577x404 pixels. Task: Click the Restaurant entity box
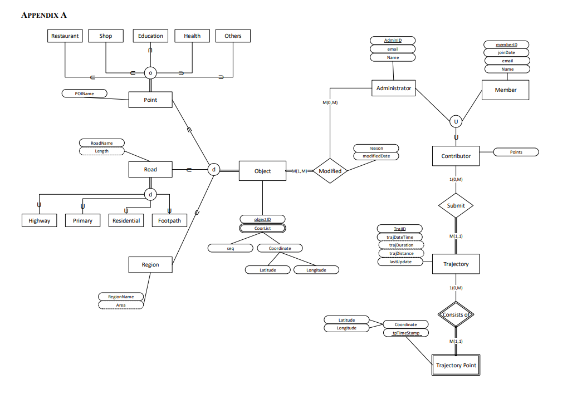click(x=65, y=36)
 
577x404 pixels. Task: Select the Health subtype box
click(x=192, y=36)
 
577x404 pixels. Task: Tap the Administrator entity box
click(x=393, y=88)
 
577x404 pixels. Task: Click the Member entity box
click(x=505, y=90)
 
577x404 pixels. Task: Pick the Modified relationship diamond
click(x=330, y=171)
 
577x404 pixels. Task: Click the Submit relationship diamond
click(x=456, y=206)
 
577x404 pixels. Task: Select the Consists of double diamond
click(x=456, y=315)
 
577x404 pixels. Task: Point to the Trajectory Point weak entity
click(x=456, y=366)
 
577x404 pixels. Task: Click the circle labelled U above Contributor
click(x=456, y=121)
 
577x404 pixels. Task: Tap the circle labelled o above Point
click(x=150, y=73)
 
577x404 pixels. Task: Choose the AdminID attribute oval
click(x=393, y=41)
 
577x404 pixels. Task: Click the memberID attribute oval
click(x=506, y=45)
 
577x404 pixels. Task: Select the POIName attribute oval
click(x=84, y=93)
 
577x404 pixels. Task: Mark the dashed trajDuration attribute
click(x=400, y=245)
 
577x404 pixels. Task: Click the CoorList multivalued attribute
click(x=262, y=228)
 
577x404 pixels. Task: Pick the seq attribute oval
click(x=231, y=248)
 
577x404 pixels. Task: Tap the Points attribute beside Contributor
click(x=516, y=152)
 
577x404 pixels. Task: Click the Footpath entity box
click(x=169, y=221)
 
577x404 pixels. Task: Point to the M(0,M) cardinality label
click(x=330, y=103)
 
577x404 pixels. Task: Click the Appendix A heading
click(x=44, y=15)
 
